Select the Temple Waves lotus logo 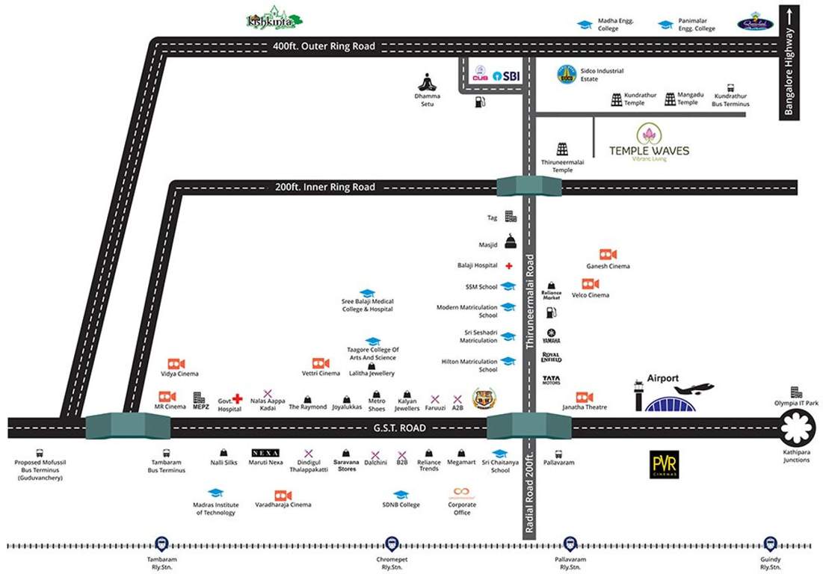click(x=648, y=135)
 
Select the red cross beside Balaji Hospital click(x=509, y=265)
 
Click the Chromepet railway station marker click(x=391, y=545)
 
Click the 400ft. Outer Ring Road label click(x=324, y=46)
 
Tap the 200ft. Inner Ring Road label click(x=324, y=187)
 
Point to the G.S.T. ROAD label click(x=399, y=428)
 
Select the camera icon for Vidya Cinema click(x=176, y=362)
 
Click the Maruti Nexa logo click(x=265, y=453)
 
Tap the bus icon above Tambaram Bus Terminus click(x=166, y=453)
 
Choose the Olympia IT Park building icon click(x=796, y=392)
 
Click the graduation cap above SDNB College click(x=401, y=495)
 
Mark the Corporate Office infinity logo click(x=462, y=493)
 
